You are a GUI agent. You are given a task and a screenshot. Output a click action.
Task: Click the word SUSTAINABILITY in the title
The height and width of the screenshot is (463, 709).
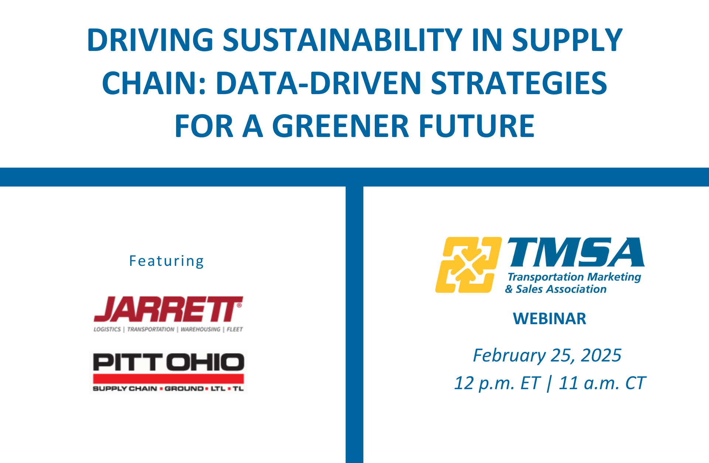[342, 40]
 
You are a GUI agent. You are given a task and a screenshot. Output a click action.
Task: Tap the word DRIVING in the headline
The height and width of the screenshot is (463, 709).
[150, 40]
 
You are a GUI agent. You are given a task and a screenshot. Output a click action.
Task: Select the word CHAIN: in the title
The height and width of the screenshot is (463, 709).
[154, 83]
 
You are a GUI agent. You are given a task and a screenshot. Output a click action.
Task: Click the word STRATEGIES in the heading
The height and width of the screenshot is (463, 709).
[519, 83]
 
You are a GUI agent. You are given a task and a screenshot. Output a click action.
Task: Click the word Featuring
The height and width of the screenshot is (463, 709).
[167, 261]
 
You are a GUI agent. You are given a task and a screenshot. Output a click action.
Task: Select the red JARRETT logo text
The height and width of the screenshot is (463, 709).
[168, 309]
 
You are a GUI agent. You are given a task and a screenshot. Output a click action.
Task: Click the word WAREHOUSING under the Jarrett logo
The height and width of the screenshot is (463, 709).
[200, 329]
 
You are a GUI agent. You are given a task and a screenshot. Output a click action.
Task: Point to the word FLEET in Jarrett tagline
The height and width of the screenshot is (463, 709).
[234, 329]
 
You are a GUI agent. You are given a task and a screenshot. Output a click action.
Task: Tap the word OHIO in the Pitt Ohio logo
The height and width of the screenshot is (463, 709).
[205, 362]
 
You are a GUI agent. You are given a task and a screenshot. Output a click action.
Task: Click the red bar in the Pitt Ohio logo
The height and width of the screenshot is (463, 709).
[168, 379]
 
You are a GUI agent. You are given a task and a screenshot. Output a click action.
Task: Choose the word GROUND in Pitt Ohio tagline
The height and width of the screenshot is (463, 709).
[184, 389]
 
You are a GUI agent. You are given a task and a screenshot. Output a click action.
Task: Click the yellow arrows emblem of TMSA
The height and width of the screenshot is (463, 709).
[468, 265]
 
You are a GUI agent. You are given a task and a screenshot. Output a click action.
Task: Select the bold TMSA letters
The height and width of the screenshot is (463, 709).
[576, 252]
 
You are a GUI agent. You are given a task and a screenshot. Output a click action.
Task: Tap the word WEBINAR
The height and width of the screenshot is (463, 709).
[549, 319]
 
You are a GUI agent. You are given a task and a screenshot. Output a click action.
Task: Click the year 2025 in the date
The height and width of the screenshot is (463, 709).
[601, 356]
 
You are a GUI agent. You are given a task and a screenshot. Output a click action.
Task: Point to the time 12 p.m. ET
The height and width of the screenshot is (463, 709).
[497, 383]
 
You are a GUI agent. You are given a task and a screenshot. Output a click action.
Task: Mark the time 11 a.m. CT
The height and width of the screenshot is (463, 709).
[602, 383]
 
